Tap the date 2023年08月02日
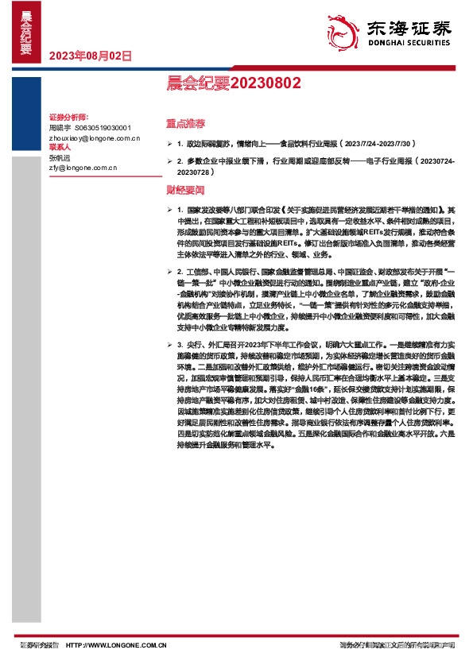pyautogui.click(x=91, y=56)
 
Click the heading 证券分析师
pyautogui.click(x=68, y=117)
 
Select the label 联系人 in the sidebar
pyautogui.click(x=60, y=148)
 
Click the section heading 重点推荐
pyautogui.click(x=184, y=124)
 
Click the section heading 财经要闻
pyautogui.click(x=184, y=191)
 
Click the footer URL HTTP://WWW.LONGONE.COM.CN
pyautogui.click(x=117, y=647)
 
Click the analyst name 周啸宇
pyautogui.click(x=60, y=127)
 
